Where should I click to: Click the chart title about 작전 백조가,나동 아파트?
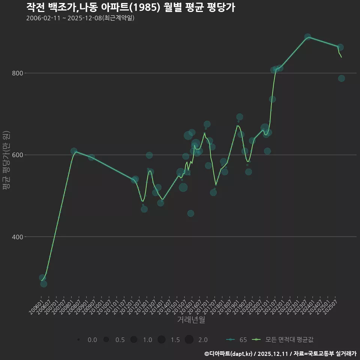(130, 7)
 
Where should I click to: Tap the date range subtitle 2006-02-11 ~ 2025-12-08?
(80, 18)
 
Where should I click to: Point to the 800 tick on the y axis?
(17, 73)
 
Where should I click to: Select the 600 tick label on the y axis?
(17, 155)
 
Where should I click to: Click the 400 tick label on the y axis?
(17, 237)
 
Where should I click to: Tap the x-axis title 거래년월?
(191, 320)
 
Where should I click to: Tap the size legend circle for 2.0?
(189, 340)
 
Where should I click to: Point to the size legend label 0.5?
(120, 340)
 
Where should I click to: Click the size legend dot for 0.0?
(78, 340)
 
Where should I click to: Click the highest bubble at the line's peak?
(307, 37)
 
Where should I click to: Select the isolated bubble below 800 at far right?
(341, 78)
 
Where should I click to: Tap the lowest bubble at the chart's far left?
(43, 284)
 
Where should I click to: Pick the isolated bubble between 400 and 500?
(190, 213)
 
